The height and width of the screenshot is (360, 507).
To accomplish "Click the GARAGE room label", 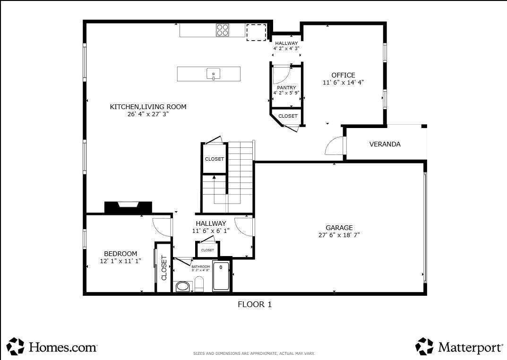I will pyautogui.click(x=339, y=228).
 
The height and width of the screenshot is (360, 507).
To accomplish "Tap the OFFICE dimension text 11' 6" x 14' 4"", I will pyautogui.click(x=343, y=82).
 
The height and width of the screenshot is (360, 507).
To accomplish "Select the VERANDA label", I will pyautogui.click(x=385, y=144).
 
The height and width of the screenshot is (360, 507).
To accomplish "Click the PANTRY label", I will pyautogui.click(x=286, y=87).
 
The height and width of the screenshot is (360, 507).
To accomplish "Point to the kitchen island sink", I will pyautogui.click(x=214, y=74).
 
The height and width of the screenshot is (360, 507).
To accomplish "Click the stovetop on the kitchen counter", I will pyautogui.click(x=223, y=30).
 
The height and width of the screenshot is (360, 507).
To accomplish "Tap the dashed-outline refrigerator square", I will pyautogui.click(x=256, y=32).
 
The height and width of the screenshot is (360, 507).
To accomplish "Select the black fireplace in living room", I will pyautogui.click(x=128, y=207).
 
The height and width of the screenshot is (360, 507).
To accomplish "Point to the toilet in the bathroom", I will pyautogui.click(x=199, y=284).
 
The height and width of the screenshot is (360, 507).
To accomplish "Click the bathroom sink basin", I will pyautogui.click(x=182, y=286).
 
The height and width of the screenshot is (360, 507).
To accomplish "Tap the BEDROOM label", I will pyautogui.click(x=120, y=254).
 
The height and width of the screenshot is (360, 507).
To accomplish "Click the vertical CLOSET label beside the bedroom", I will pyautogui.click(x=164, y=268).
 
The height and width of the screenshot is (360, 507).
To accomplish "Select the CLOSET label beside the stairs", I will pyautogui.click(x=214, y=159).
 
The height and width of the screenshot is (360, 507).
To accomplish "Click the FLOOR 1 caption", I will pyautogui.click(x=254, y=305).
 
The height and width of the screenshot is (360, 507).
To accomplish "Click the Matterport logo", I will pyautogui.click(x=459, y=347).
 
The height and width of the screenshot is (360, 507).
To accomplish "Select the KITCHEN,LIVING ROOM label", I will pyautogui.click(x=148, y=107).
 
